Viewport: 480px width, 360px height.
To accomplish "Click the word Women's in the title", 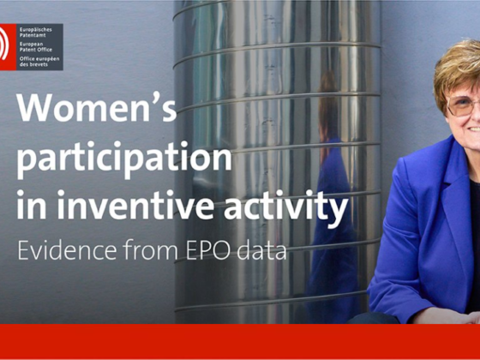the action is [97, 108].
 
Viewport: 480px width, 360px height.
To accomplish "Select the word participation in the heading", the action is [124, 159].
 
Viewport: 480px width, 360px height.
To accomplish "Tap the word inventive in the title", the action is [135, 204].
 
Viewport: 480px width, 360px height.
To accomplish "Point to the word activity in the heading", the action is [286, 207].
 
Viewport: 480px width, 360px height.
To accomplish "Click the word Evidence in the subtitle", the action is [67, 249].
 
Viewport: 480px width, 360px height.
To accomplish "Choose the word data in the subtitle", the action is [261, 250].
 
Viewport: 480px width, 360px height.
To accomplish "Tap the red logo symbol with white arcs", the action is [8, 47].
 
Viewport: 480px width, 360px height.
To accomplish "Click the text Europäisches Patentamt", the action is [35, 33].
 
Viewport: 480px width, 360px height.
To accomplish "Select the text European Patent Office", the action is [35, 47].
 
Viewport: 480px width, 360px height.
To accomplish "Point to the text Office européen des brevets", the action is [39, 62].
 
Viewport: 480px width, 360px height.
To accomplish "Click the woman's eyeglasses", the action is [463, 106].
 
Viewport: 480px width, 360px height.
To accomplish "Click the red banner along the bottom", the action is [240, 341].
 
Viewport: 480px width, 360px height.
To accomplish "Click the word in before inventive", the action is [32, 204].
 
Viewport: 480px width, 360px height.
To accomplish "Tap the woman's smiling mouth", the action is [474, 129].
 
